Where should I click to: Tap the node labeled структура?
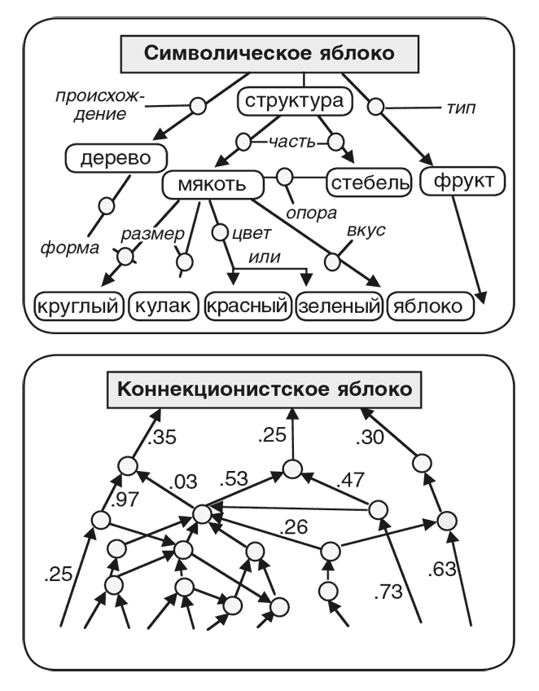click(296, 103)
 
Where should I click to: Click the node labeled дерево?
click(117, 157)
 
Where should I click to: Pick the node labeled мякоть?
click(214, 185)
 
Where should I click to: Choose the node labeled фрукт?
click(463, 182)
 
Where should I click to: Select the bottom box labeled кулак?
click(163, 306)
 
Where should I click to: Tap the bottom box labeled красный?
click(248, 306)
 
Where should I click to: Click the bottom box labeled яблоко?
click(432, 306)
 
